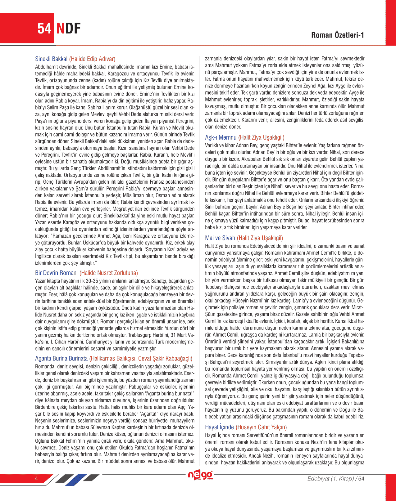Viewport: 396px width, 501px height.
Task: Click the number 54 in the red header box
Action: point(44,29)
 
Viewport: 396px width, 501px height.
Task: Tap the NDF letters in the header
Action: point(68,29)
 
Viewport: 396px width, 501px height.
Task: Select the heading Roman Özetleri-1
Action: point(338,35)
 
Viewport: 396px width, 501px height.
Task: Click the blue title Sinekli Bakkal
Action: point(51,59)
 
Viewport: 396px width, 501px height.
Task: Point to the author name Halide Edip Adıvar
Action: point(92,59)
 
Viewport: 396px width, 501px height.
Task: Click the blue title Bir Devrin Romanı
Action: point(56,273)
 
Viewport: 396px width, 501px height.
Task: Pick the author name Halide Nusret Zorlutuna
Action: point(109,273)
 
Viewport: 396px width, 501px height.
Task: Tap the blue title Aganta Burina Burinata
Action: point(61,359)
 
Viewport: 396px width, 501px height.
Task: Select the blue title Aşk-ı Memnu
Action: point(221,137)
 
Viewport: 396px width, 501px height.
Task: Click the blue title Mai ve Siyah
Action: point(220,238)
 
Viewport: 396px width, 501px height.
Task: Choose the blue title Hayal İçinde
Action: point(219,427)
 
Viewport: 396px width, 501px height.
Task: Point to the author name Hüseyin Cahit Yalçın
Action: point(261,427)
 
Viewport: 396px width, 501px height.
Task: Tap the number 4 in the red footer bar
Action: point(36,478)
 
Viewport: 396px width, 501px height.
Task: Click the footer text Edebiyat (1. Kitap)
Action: point(330,478)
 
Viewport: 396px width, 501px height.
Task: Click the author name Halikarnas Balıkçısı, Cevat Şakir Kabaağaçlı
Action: point(141,359)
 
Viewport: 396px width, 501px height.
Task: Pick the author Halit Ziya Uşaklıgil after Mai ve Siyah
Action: point(260,238)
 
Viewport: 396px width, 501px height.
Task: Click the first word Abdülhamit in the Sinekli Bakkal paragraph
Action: point(45,67)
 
